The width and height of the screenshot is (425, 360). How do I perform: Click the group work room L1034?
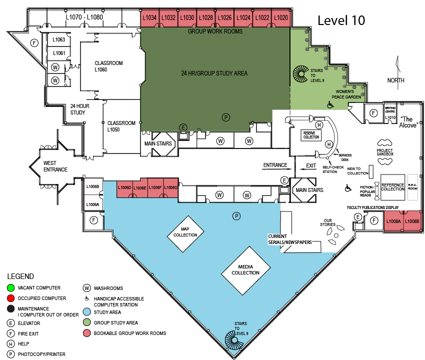150,18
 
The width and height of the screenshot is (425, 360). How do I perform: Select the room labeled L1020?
281,18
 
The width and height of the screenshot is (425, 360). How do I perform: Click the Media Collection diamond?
245,270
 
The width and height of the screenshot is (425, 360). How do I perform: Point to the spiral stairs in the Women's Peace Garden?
300,73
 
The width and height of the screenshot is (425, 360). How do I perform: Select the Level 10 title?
341,20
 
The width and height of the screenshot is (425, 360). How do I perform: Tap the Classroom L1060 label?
108,66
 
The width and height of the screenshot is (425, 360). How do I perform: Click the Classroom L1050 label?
121,126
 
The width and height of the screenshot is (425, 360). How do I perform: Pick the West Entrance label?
55,166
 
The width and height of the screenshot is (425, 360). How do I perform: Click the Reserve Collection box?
311,135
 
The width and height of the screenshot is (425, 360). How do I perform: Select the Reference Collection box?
392,187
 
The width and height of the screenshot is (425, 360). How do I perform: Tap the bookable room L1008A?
393,221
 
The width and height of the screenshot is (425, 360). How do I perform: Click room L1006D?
124,188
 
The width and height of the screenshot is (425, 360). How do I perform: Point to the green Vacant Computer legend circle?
11,287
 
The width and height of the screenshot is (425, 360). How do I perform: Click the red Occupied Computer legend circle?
11,298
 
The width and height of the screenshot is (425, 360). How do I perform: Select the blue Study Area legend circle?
86,312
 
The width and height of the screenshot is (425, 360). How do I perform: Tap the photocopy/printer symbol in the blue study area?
236,216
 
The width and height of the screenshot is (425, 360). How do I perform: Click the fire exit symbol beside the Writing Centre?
374,113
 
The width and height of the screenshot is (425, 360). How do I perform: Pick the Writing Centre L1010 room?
390,113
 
